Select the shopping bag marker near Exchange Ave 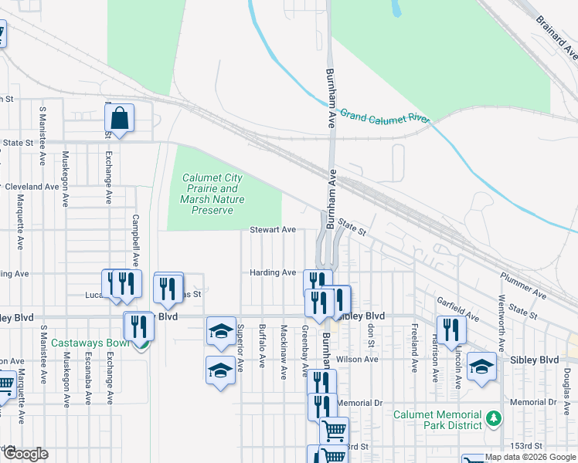point(120,120)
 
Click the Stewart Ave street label point(273,230)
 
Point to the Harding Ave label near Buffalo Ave point(273,272)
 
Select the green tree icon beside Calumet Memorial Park point(495,421)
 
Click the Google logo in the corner point(25,454)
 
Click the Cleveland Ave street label point(32,187)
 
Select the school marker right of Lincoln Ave point(481,367)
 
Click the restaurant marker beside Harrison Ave point(451,330)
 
